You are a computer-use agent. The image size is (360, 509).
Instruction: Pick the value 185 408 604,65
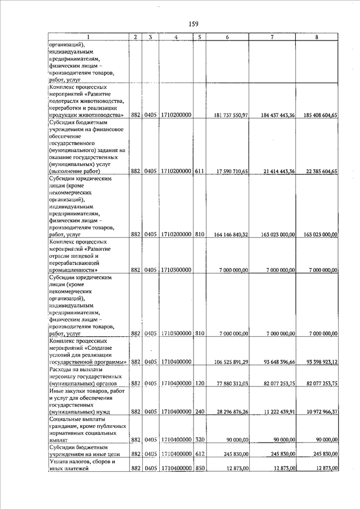pyautogui.click(x=319, y=115)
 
